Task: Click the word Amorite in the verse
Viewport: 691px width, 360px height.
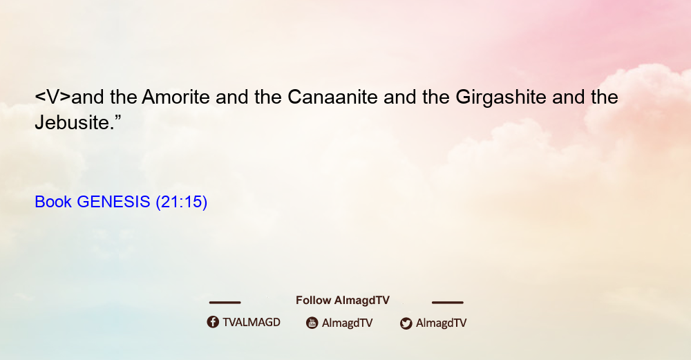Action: click(176, 97)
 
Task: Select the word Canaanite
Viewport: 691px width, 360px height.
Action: click(333, 97)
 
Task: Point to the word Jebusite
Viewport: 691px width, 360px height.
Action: click(73, 122)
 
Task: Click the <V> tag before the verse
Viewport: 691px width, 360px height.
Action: click(53, 97)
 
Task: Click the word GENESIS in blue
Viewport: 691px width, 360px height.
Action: click(114, 202)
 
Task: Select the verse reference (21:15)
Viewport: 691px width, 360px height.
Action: click(182, 202)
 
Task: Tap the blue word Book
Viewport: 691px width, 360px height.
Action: click(53, 202)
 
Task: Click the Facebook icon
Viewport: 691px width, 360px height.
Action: click(213, 322)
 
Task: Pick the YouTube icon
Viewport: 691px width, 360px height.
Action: click(312, 323)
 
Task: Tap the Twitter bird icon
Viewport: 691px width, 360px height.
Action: click(406, 323)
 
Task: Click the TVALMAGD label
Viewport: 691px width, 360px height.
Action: click(252, 323)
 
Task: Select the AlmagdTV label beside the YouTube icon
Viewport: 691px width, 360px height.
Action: click(348, 323)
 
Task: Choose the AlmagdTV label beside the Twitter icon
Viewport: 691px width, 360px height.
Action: click(441, 323)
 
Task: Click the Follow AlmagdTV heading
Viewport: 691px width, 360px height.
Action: click(343, 301)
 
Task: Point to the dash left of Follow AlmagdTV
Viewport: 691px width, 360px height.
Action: click(225, 302)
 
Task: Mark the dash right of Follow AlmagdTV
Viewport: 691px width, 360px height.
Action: click(448, 302)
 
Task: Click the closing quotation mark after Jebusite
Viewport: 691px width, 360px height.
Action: click(117, 117)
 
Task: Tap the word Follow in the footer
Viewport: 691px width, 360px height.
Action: click(313, 301)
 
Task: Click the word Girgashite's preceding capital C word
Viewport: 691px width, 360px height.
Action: click(333, 97)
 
